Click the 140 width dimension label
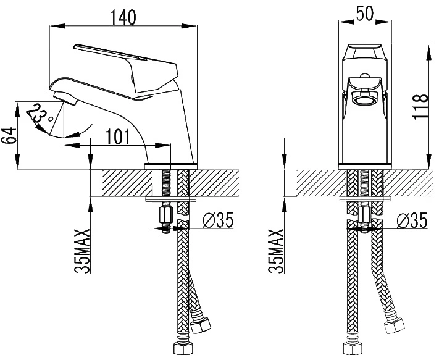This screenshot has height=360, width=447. pos(123,17)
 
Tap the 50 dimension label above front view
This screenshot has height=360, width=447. pos(365,13)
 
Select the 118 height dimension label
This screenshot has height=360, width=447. pos(420,106)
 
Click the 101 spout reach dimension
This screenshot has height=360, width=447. pos(118,136)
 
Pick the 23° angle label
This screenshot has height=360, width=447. pos(40,115)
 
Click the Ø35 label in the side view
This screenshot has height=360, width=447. pos(218,220)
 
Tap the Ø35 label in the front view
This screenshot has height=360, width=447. pos(412,220)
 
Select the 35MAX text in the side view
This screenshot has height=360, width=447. pos(82,251)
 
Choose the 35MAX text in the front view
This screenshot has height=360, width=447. pos(276,251)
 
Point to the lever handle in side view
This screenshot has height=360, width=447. pos(126,70)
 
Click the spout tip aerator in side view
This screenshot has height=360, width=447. pos(64,98)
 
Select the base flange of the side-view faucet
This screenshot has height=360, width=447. pos(171,167)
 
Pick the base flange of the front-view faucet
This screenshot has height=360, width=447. pos(365,167)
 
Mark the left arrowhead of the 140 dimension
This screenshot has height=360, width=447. pos(57,26)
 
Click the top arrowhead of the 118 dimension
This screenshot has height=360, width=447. pos(428,53)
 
